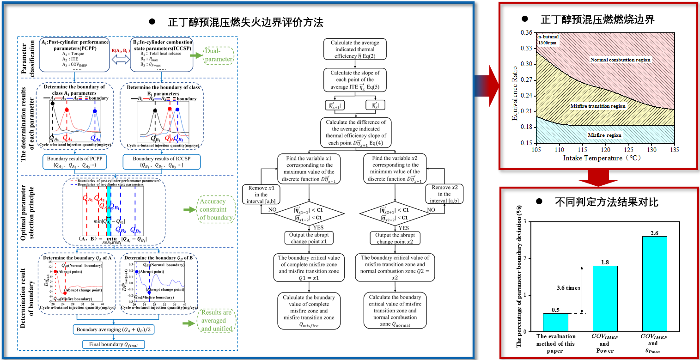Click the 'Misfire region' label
pos(604,135)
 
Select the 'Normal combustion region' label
pos(620,60)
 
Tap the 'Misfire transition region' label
pos(597,106)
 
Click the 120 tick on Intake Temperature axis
pos(605,150)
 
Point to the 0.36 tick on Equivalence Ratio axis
pos(526,33)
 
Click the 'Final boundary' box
pos(113,344)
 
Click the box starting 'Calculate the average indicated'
pos(355,49)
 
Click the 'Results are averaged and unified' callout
pos(216,321)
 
